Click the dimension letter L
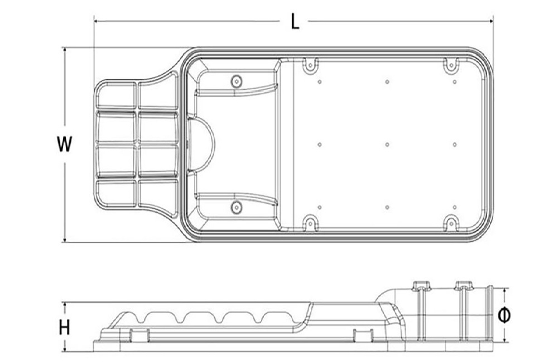point(296,21)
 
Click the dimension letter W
point(65,144)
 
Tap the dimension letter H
point(65,328)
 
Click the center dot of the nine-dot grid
point(387,145)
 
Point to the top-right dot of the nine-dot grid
point(455,82)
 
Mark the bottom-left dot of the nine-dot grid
point(320,207)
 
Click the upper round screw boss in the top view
point(237,80)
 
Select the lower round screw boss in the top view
point(237,208)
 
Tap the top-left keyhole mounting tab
point(309,65)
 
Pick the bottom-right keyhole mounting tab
point(451,224)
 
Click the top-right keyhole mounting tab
point(451,65)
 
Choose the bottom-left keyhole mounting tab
point(309,224)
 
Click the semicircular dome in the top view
point(204,144)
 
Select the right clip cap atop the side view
point(463,285)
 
